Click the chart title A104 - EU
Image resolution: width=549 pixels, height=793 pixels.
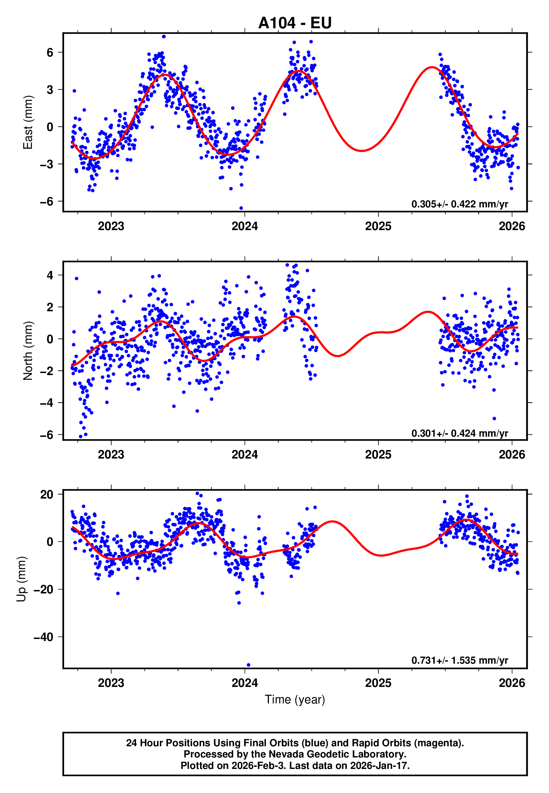295,23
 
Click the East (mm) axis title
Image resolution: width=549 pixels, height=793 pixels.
28,123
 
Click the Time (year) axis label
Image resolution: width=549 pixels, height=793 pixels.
295,700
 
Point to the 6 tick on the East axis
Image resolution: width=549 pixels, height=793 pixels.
50,53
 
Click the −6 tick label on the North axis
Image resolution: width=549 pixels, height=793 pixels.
47,435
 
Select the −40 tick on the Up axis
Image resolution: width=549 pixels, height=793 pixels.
44,637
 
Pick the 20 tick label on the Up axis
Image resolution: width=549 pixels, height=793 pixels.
47,494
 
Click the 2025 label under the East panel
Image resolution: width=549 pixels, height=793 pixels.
378,226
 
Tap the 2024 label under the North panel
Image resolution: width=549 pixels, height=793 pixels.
245,455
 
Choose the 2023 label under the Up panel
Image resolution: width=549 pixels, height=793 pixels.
111,683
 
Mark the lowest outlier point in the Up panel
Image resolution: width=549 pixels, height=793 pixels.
248,665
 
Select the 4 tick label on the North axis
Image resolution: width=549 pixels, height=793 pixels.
50,275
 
